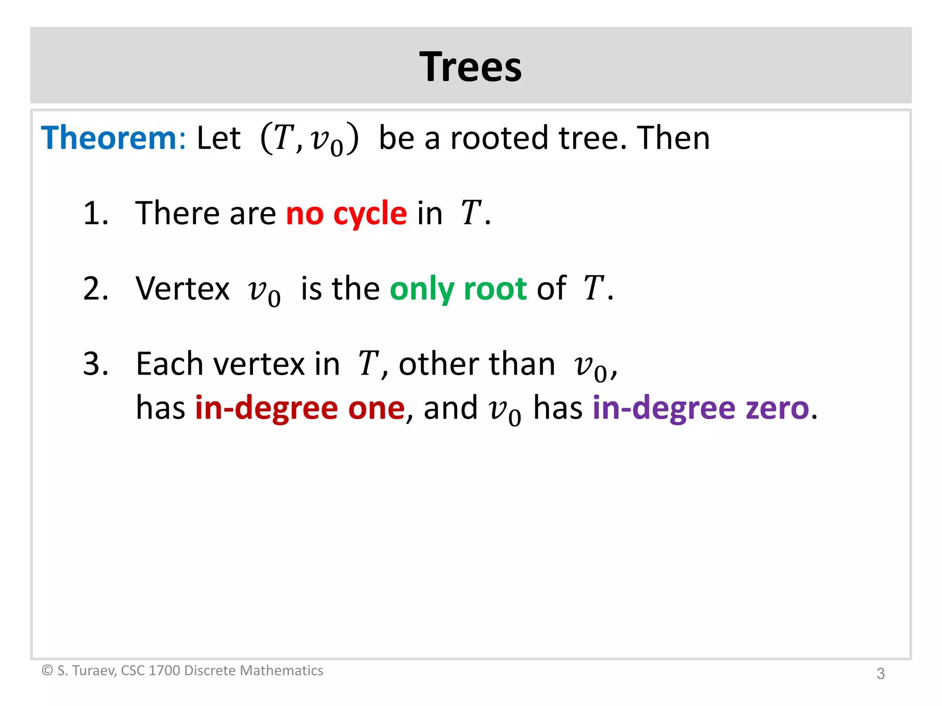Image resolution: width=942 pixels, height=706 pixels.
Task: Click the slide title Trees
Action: tap(471, 67)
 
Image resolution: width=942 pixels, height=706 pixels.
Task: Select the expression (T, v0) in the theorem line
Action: tap(309, 139)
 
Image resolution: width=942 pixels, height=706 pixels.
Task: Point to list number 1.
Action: tap(95, 213)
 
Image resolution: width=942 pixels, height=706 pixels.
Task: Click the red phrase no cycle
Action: tap(346, 214)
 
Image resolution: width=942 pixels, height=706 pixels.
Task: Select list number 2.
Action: tap(95, 289)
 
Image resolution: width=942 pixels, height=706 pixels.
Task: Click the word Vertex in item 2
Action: tap(183, 289)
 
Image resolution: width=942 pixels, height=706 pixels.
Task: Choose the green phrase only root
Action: tap(458, 289)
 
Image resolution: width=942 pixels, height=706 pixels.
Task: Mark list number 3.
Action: tap(95, 364)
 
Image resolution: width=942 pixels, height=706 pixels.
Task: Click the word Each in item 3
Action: tap(169, 364)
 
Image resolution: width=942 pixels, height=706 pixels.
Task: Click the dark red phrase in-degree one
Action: tap(300, 408)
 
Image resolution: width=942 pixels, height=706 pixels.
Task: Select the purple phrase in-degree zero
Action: tap(701, 408)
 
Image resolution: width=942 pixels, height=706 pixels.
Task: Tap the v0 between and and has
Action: tap(505, 411)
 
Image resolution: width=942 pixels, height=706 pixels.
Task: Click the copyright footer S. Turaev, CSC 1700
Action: tap(183, 671)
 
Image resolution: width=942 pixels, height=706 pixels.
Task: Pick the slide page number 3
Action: tap(880, 673)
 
